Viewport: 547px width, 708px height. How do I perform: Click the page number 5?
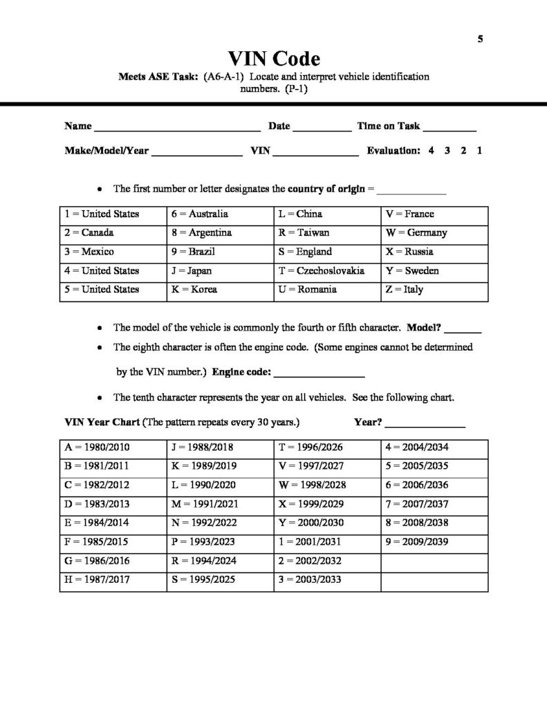tap(480, 39)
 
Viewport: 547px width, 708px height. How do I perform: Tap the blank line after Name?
tap(177, 129)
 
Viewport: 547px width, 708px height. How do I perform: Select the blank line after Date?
tap(322, 129)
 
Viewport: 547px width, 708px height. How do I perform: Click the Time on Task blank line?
tap(449, 129)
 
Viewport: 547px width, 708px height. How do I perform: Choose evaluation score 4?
tap(431, 150)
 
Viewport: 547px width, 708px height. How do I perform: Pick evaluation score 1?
tap(479, 150)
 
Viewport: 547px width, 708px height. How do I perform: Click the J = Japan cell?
tap(220, 271)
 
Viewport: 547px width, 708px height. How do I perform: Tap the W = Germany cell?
tap(434, 233)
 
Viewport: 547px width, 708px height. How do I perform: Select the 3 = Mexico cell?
tap(113, 252)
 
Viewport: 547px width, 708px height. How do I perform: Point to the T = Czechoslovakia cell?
tap(326, 271)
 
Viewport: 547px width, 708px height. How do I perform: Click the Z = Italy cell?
tap(434, 290)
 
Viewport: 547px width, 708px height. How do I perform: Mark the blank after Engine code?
tap(319, 375)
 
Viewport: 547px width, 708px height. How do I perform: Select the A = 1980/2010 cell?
tap(113, 447)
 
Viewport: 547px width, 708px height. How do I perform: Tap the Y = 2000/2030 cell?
tap(326, 523)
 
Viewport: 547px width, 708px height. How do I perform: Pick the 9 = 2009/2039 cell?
tap(434, 541)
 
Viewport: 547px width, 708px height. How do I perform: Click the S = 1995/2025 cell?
tap(220, 579)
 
